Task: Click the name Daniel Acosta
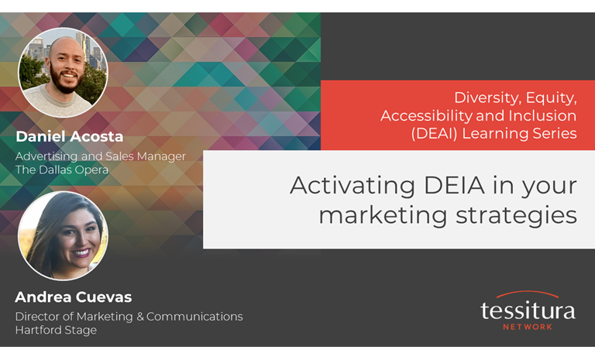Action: click(x=69, y=137)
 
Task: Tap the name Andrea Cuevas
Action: click(x=74, y=297)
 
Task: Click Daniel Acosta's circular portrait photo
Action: click(x=63, y=73)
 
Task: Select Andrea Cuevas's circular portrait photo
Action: click(x=63, y=235)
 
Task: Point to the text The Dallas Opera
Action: click(x=62, y=170)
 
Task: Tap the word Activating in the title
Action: click(x=349, y=186)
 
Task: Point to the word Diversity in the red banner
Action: click(x=486, y=98)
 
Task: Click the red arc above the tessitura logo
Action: click(x=527, y=295)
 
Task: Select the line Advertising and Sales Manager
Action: click(x=101, y=156)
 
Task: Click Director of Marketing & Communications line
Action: click(x=129, y=316)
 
